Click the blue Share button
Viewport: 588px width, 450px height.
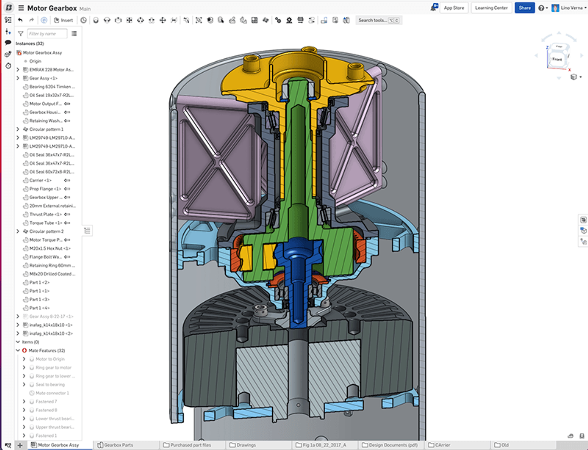coord(524,8)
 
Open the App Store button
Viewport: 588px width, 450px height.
coord(454,8)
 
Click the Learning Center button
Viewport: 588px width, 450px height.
coord(491,8)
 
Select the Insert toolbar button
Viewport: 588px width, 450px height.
coord(64,20)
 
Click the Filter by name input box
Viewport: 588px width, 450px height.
coord(47,34)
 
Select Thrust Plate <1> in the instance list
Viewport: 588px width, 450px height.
coord(45,214)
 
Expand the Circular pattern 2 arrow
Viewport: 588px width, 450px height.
coord(18,231)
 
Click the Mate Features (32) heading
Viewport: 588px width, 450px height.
coord(46,351)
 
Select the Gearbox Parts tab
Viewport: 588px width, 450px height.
coord(118,445)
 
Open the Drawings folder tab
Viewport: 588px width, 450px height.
coord(246,445)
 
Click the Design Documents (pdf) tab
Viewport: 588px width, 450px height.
coord(393,445)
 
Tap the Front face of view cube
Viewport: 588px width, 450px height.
coord(557,59)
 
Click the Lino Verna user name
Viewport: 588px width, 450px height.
coord(571,8)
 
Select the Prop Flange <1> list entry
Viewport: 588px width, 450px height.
coord(45,189)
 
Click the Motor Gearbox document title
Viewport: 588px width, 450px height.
coord(52,8)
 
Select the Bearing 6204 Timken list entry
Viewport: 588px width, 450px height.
coord(51,87)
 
